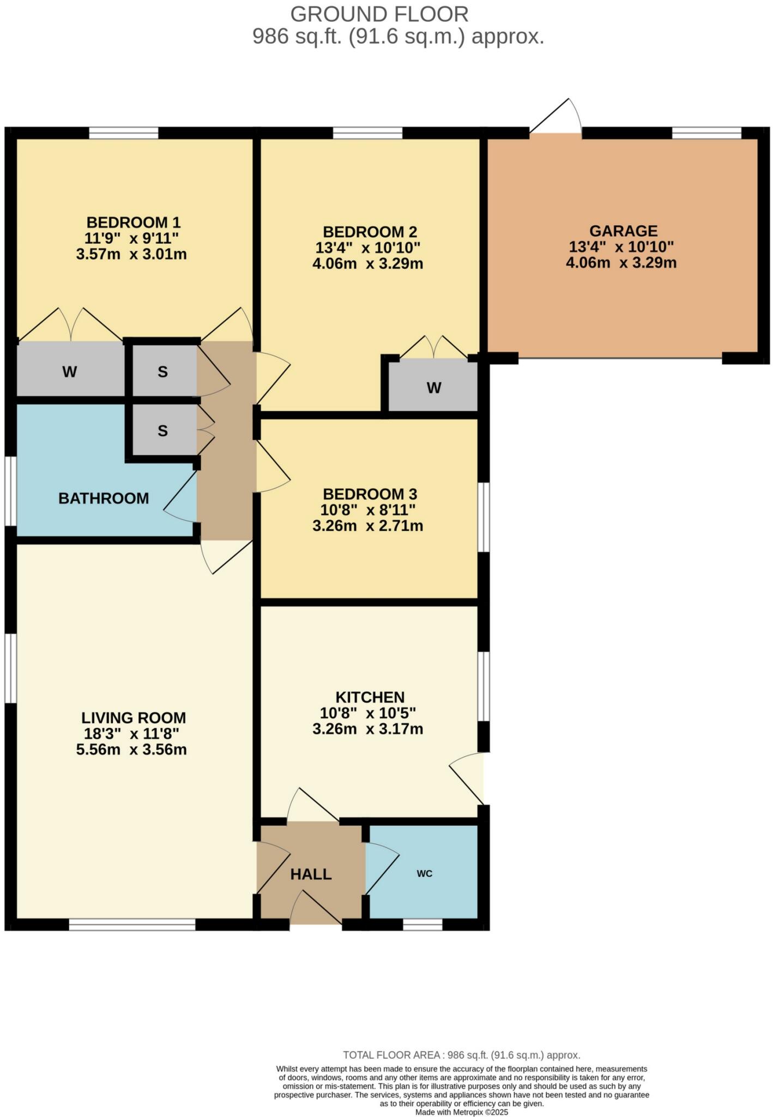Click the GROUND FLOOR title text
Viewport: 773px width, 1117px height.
(379, 14)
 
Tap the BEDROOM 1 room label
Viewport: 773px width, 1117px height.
(133, 223)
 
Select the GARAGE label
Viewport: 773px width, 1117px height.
(623, 231)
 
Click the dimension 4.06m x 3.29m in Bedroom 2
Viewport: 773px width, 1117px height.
(368, 264)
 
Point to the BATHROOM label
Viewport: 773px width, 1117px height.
(104, 498)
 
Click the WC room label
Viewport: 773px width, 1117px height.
(424, 873)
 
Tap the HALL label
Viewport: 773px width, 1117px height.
(311, 874)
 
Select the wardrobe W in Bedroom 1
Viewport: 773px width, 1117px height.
(69, 372)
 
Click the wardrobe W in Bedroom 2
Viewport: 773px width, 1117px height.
(433, 388)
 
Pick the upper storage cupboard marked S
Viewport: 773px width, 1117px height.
(162, 372)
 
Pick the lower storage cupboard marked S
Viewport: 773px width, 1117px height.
(162, 431)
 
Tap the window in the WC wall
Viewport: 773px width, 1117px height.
(422, 924)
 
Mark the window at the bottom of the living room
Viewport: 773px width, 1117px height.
(132, 924)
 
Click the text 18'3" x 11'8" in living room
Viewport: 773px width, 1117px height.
(131, 734)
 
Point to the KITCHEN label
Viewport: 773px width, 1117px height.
(370, 697)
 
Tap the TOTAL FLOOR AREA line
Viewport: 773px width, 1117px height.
(461, 1055)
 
